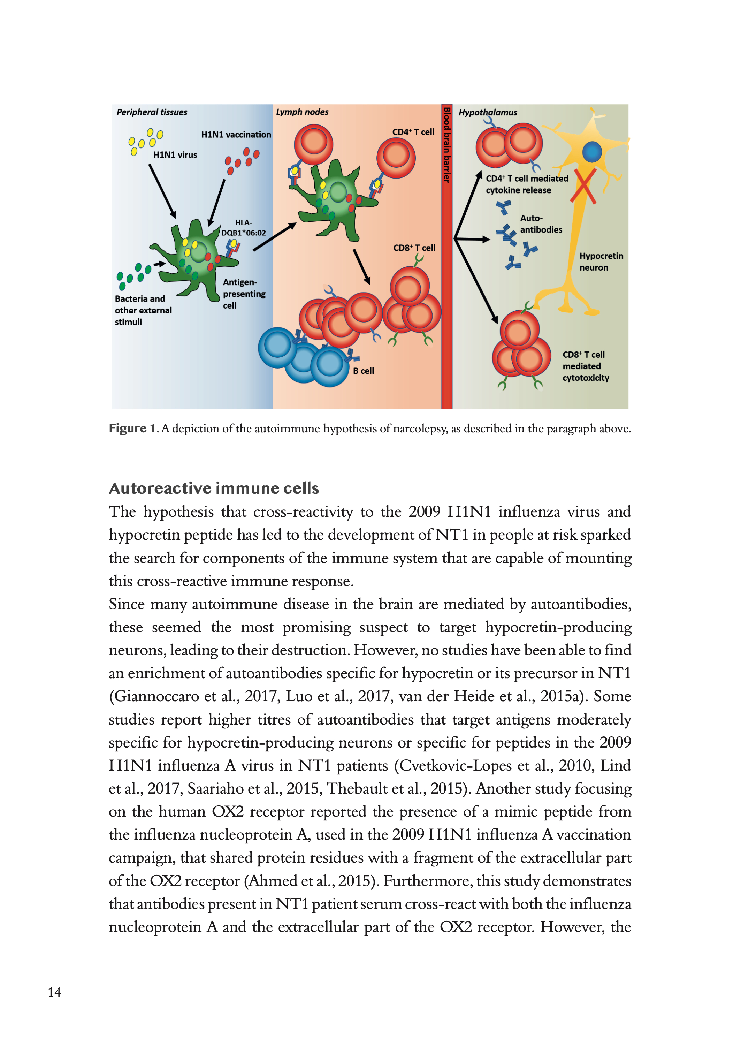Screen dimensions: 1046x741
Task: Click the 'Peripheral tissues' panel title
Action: point(152,112)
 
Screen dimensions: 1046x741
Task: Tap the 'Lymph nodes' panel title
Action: point(302,112)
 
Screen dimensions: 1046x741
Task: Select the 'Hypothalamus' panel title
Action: point(488,112)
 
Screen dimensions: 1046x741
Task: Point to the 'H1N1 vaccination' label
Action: point(236,135)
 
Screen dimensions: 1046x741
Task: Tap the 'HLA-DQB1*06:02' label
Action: point(243,228)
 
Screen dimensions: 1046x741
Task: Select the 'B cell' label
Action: point(363,371)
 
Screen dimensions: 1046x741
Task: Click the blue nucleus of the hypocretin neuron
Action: point(592,152)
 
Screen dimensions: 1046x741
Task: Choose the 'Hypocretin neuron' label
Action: point(601,262)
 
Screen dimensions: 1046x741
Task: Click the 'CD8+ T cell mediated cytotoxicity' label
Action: point(586,366)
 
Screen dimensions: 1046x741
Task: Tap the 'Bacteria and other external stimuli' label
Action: point(143,310)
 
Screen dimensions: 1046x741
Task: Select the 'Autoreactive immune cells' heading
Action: point(214,488)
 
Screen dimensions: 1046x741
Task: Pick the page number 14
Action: point(54,992)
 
